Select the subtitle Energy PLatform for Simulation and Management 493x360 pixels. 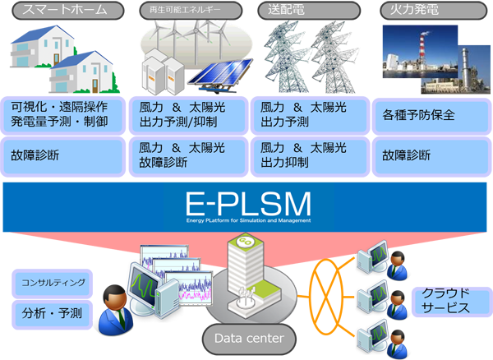point(246,219)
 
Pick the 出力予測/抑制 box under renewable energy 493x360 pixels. point(189,116)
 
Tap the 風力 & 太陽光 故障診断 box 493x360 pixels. point(189,155)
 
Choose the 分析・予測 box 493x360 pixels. point(51,313)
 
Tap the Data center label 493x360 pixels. point(248,338)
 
